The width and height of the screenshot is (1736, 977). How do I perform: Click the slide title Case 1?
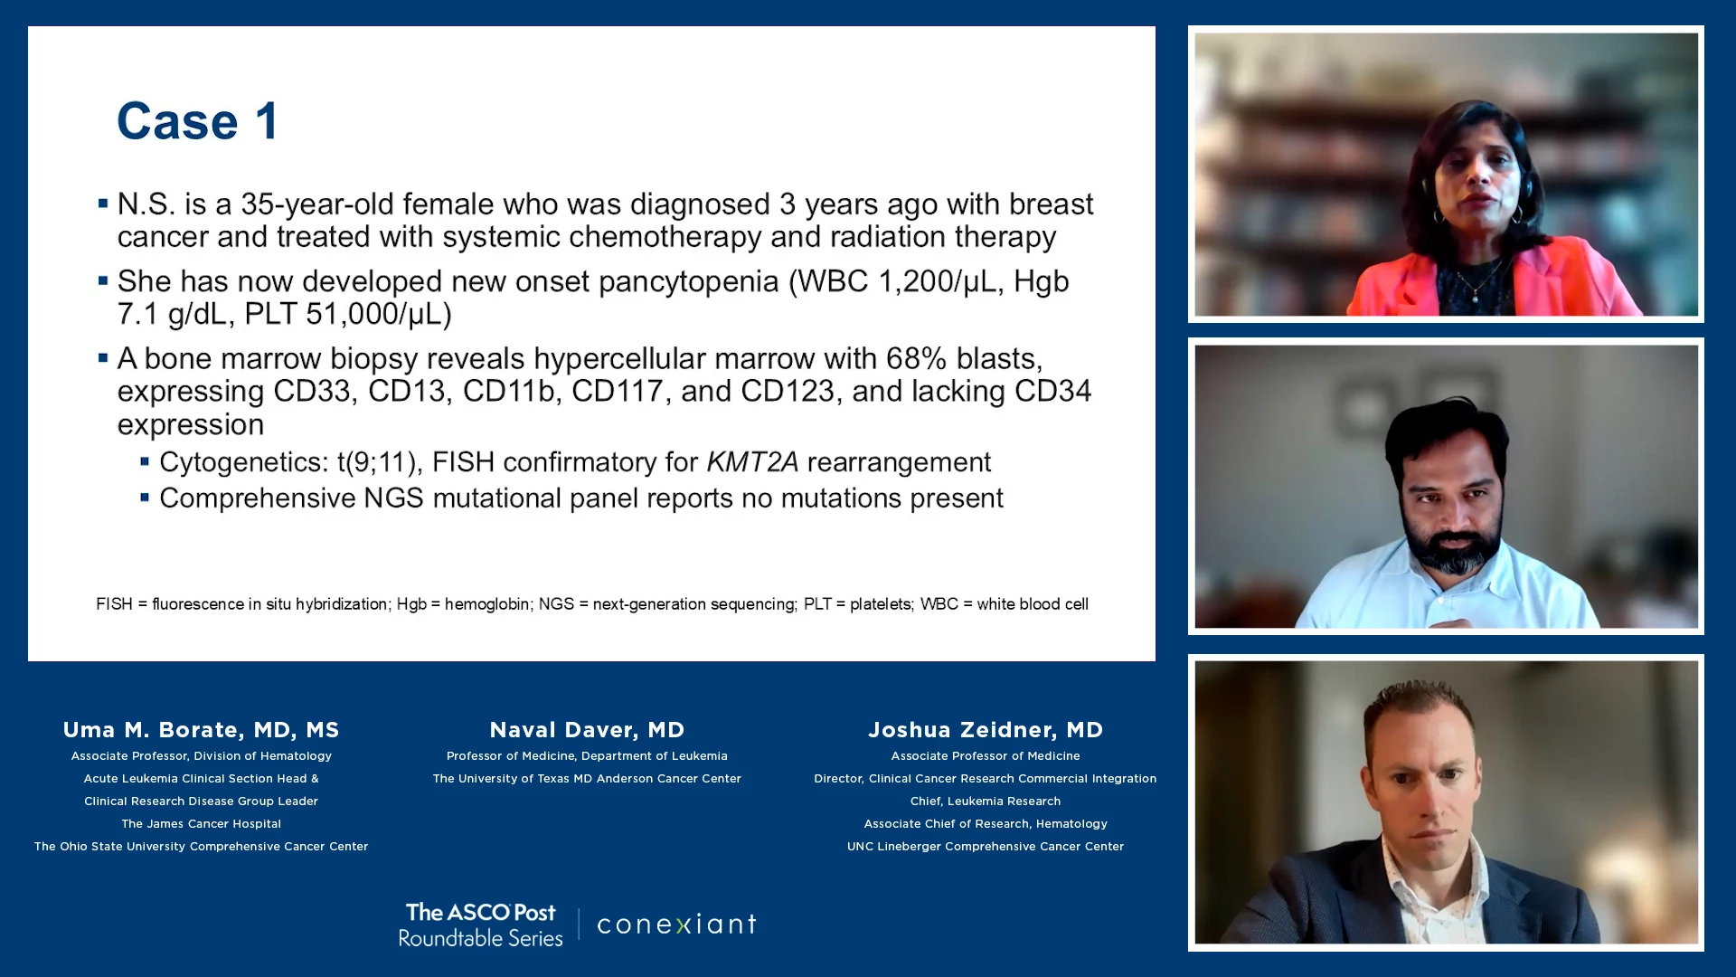[x=198, y=121]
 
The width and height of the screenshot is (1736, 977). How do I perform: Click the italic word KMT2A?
[x=752, y=462]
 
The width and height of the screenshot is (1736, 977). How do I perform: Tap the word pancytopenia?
[x=689, y=282]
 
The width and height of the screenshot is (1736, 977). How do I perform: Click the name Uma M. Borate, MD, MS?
[x=201, y=730]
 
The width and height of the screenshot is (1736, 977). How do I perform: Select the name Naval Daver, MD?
[x=587, y=730]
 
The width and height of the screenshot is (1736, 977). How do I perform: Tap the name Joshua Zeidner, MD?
[x=986, y=730]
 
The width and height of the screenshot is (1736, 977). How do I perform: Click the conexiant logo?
[x=676, y=925]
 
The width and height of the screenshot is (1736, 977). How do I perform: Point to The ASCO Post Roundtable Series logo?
[x=481, y=925]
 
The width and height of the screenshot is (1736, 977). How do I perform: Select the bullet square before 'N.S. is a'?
[x=103, y=204]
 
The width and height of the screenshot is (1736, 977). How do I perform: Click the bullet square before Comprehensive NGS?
[x=145, y=498]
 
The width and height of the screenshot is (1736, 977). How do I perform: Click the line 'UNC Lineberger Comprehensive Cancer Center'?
[x=986, y=847]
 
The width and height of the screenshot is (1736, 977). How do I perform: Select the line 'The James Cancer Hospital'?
[x=202, y=824]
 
